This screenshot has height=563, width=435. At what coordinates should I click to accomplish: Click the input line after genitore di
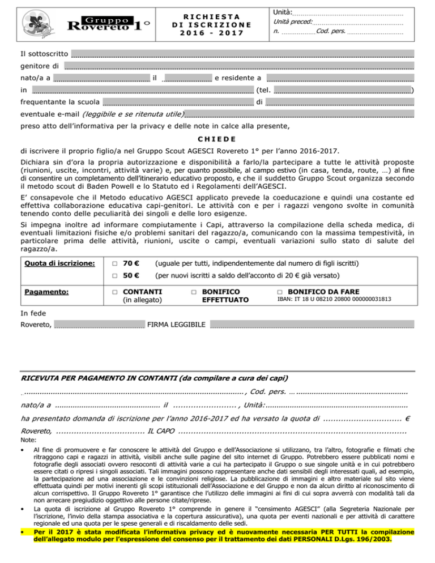click(238, 66)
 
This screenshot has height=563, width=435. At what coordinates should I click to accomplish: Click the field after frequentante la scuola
click(178, 103)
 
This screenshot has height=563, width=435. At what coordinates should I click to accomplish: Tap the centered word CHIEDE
click(217, 139)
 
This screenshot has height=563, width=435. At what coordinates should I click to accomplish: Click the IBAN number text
click(334, 299)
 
